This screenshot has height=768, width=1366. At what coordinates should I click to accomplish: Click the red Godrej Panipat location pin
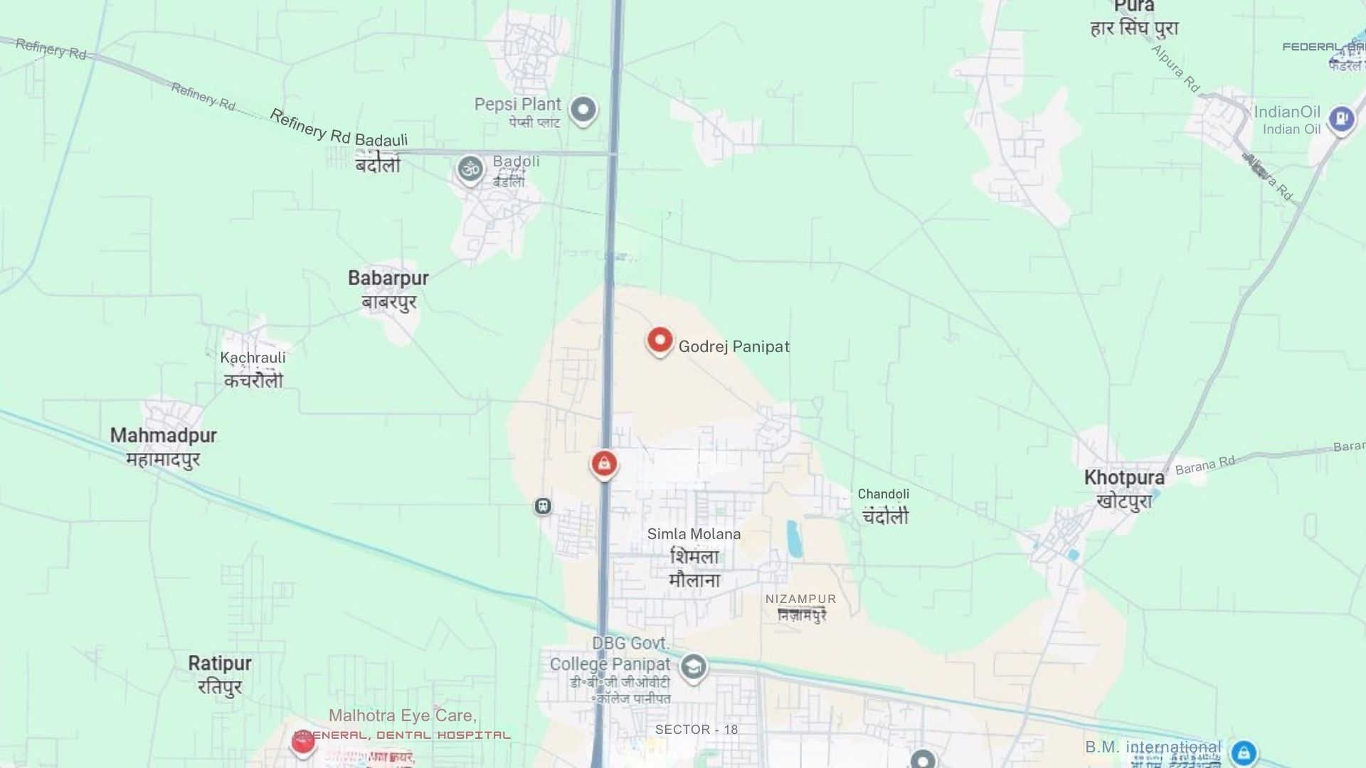coord(660,340)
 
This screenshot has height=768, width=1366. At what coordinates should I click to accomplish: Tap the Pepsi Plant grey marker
coord(583,110)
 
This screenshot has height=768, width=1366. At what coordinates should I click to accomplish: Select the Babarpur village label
coord(388,278)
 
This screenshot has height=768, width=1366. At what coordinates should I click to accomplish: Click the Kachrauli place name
coord(253,358)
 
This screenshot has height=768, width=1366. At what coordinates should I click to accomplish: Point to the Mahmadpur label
coord(163,435)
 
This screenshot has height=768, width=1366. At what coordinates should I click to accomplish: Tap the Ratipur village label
coord(219,663)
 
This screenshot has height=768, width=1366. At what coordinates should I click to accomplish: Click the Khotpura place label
coord(1123,478)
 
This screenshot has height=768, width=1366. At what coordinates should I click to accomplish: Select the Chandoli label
coord(883,494)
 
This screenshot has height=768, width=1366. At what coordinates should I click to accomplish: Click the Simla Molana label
coord(694,534)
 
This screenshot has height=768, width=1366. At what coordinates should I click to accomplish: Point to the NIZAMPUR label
coord(800,599)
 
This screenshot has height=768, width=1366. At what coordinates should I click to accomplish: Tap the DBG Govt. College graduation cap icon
coord(693,667)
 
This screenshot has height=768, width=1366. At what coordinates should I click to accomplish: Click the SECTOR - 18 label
coord(696,730)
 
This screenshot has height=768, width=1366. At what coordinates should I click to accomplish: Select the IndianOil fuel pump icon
coord(1341,117)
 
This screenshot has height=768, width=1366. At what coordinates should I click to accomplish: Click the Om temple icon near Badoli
coord(470,169)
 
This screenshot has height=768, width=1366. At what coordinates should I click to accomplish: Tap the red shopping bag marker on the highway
coord(604,464)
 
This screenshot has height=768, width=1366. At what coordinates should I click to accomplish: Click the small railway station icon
coord(543,506)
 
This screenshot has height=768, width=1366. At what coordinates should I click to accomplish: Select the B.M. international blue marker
coord(1244,752)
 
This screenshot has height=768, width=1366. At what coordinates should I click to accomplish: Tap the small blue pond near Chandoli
coord(793,538)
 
